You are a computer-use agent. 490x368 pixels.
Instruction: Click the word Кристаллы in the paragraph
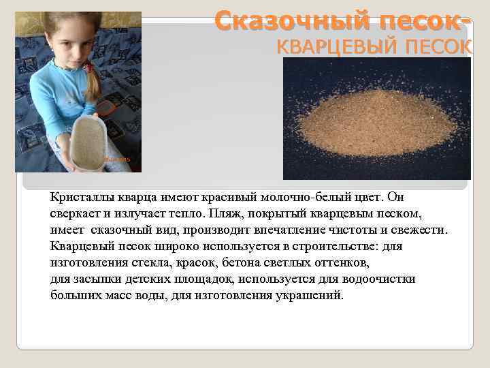tap(78, 198)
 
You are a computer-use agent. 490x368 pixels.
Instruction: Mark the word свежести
tap(416, 230)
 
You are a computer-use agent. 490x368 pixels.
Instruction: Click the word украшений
tap(310, 296)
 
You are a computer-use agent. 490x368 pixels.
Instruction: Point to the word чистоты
tap(355, 230)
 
